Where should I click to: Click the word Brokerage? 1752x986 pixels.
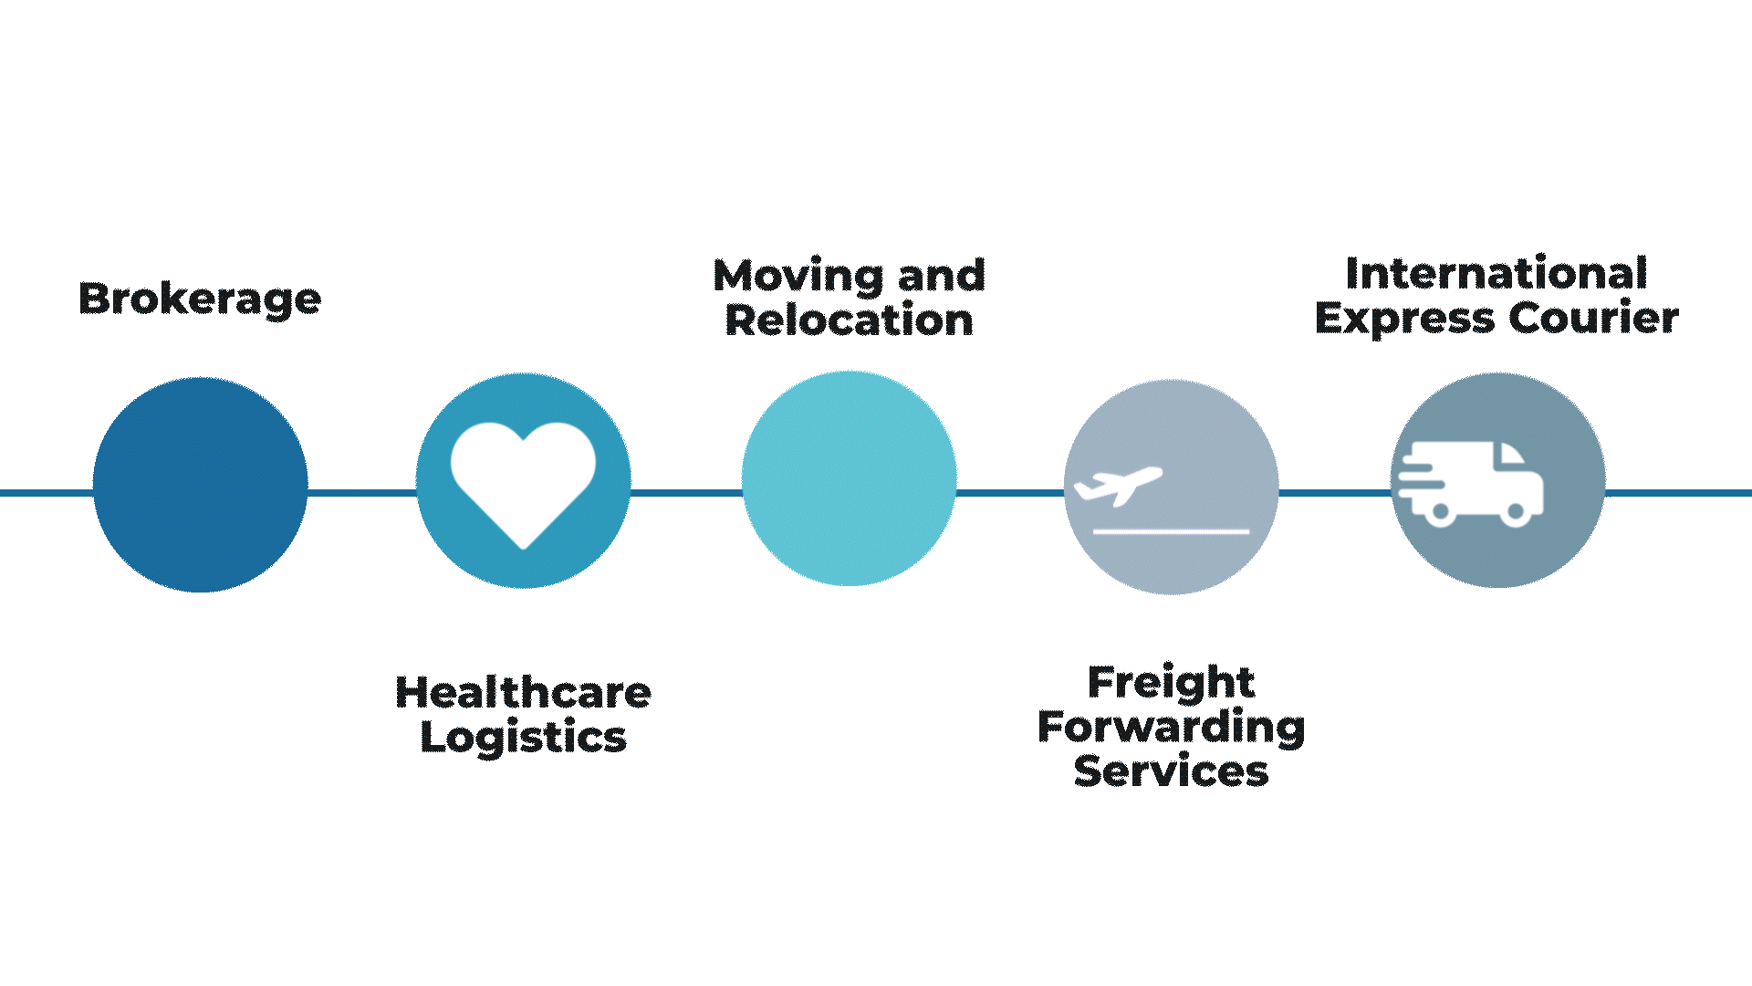point(200,299)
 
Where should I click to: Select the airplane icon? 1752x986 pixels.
point(1119,485)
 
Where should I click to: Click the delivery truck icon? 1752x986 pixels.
point(1471,483)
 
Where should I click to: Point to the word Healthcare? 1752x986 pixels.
point(523,693)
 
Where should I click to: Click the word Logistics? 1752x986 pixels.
point(523,738)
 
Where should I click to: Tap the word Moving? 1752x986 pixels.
point(798,277)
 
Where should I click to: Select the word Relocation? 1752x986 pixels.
point(849,320)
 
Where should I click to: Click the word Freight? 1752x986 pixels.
point(1171,683)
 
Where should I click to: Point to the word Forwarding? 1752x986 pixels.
point(1171,728)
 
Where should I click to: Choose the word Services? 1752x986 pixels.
point(1171,771)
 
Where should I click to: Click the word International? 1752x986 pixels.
point(1496,274)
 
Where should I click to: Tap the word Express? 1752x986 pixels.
point(1404,320)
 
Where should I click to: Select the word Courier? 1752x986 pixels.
point(1593,319)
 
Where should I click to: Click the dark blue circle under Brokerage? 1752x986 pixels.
point(200,485)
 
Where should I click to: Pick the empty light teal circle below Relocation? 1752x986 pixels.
point(849,478)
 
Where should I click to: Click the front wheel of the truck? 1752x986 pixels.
point(1515,512)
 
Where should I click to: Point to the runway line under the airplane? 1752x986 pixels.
point(1171,530)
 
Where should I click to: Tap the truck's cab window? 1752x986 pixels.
point(1510,455)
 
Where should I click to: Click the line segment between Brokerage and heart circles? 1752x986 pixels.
point(361,493)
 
